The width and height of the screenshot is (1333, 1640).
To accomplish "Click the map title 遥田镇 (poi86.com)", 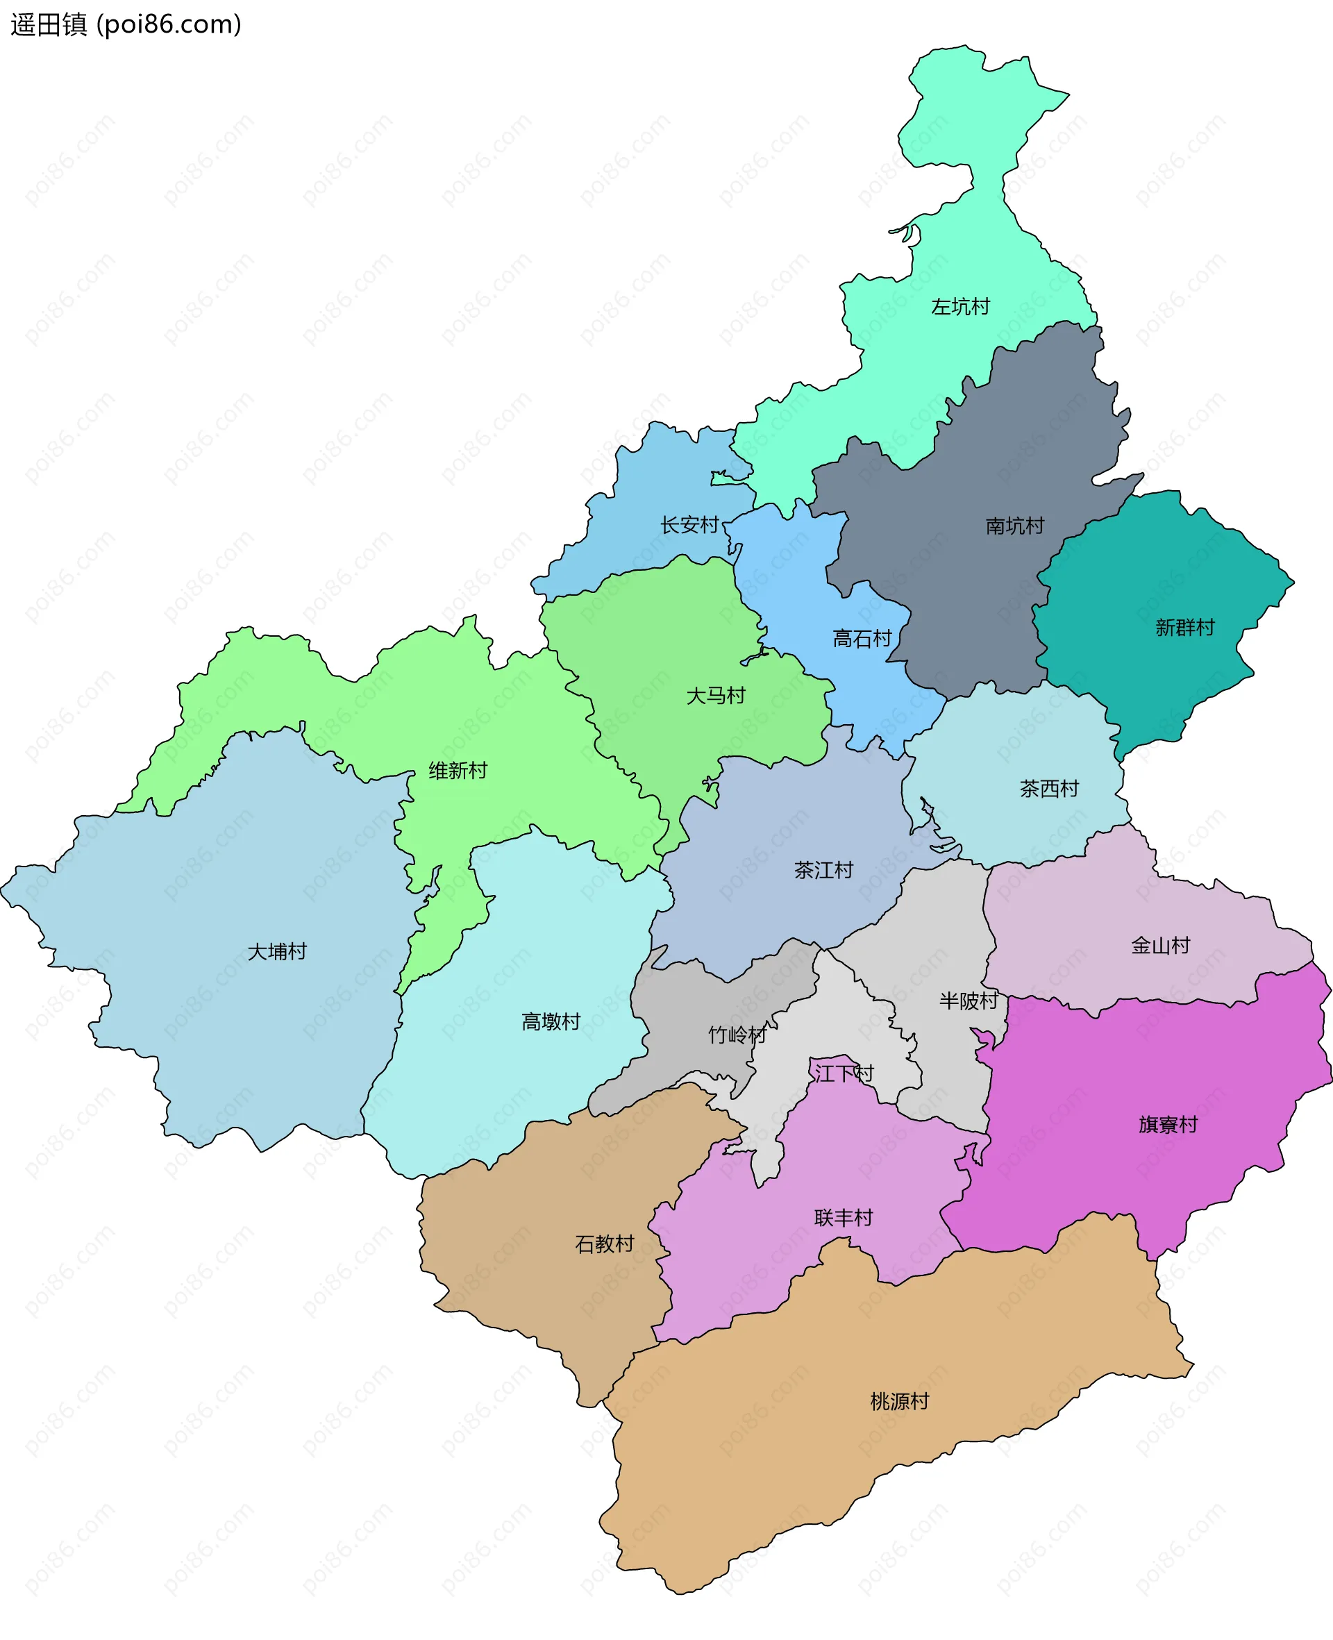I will [126, 24].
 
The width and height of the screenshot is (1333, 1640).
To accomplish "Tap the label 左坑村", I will [961, 307].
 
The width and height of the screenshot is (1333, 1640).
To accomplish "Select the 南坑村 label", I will [1015, 526].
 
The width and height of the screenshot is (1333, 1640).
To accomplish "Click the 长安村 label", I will [689, 525].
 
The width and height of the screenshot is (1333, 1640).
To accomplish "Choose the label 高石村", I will [862, 639].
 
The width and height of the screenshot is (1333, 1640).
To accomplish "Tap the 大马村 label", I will [716, 696].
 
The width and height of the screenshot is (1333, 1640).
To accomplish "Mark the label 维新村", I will [458, 771].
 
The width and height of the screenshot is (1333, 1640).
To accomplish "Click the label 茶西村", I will [1049, 789].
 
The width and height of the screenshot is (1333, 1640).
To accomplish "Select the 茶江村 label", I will [824, 870].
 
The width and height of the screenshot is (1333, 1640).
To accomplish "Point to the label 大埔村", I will [277, 952].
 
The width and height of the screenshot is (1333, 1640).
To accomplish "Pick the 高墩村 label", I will [551, 1022].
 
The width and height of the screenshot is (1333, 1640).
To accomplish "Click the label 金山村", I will [1160, 946].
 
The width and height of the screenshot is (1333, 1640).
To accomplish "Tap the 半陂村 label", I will [969, 1001].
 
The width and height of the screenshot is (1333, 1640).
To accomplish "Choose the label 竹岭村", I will [737, 1035].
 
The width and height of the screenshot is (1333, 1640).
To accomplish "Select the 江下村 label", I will [844, 1073].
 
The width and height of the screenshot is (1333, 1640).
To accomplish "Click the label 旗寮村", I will [1168, 1125].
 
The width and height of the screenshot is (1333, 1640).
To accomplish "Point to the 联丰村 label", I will [844, 1218].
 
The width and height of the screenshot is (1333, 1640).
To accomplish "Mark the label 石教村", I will [604, 1244].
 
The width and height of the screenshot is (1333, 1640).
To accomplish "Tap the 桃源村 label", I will [900, 1401].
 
